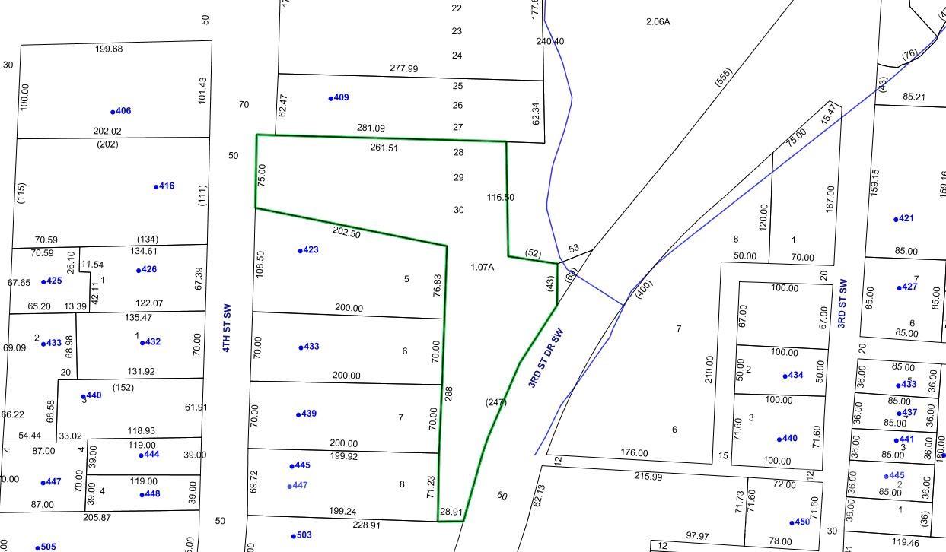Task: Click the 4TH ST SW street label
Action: click(226, 328)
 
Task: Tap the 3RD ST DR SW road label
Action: click(549, 357)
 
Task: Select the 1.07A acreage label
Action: click(482, 267)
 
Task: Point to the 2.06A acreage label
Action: click(658, 21)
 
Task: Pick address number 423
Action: click(309, 249)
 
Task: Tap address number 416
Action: click(165, 186)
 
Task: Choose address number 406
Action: click(123, 111)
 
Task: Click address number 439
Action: click(307, 414)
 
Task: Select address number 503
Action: click(302, 535)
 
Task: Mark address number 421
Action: click(905, 219)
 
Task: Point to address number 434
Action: click(795, 376)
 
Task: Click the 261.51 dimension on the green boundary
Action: click(384, 148)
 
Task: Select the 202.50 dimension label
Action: click(346, 233)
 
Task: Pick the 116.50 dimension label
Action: click(500, 198)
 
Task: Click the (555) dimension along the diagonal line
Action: click(724, 77)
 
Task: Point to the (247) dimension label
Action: click(495, 402)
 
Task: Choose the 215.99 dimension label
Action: click(648, 476)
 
